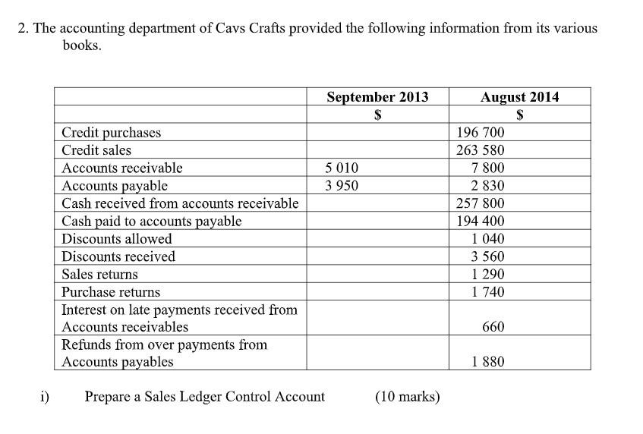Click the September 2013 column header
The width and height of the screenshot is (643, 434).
(377, 97)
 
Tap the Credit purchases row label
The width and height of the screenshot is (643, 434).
(112, 133)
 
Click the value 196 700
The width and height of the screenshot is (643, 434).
(480, 133)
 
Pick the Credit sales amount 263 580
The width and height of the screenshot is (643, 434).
(480, 150)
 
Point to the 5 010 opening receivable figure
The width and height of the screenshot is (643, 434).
(341, 168)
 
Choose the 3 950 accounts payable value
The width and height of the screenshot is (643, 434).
(341, 186)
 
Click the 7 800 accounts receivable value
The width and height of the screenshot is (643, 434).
(487, 168)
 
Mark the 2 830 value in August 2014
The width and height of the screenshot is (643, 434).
(487, 186)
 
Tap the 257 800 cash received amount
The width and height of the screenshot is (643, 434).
(480, 203)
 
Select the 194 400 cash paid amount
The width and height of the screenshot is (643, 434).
(480, 222)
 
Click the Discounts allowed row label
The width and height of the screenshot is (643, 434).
(117, 239)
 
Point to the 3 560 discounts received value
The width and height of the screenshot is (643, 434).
(487, 256)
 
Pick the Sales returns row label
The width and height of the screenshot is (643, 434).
(100, 275)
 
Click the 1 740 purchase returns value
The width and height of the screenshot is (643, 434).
(487, 292)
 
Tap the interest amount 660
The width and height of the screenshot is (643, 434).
(493, 327)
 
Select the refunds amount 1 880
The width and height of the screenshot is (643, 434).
(487, 362)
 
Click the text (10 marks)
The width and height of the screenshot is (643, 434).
(408, 397)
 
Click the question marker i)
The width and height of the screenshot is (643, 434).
(45, 396)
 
